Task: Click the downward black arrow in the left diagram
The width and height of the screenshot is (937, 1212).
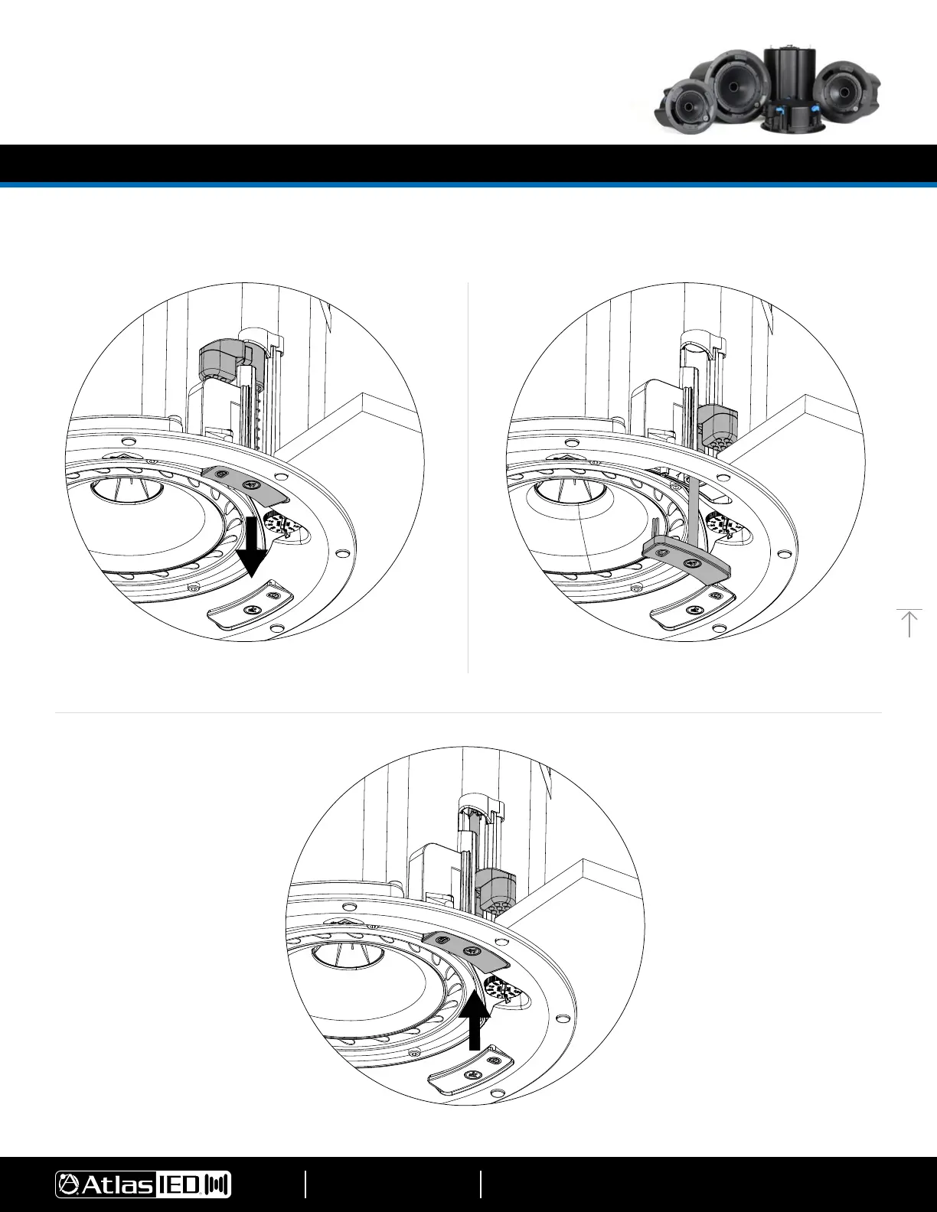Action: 253,546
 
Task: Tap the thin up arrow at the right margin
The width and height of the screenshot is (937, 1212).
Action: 909,623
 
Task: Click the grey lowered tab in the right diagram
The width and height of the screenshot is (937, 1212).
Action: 687,562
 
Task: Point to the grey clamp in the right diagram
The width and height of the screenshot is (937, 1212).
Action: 718,426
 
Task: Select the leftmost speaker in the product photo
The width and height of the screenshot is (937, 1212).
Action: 687,106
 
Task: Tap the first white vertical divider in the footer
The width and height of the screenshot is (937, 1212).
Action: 305,1184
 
